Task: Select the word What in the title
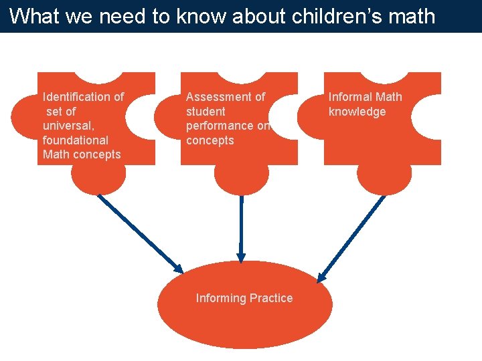tap(33, 16)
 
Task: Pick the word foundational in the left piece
tap(75, 140)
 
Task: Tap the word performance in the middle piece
tap(220, 126)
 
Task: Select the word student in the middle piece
tap(206, 112)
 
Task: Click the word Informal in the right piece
tap(347, 97)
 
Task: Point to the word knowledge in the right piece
tap(357, 112)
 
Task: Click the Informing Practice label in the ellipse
tap(244, 298)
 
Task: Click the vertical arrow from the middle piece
tap(241, 227)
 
